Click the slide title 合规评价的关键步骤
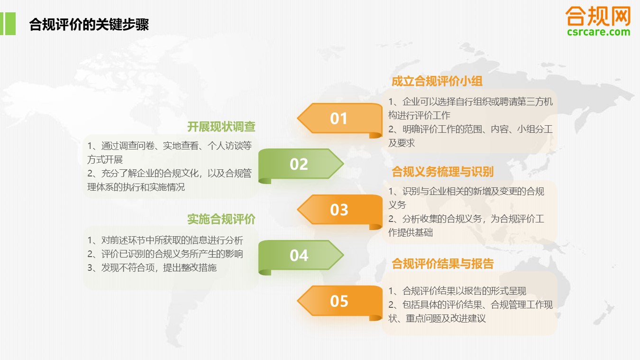tap(89, 24)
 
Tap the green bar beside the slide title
tap(8, 24)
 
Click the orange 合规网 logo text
tap(598, 16)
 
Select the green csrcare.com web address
tap(599, 32)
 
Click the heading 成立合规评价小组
tap(437, 81)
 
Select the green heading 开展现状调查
tap(221, 127)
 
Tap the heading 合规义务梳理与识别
tap(443, 172)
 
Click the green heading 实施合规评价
tap(221, 219)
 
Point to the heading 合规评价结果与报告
tap(443, 264)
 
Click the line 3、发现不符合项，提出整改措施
tap(152, 268)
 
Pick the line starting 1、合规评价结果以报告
tap(457, 291)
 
